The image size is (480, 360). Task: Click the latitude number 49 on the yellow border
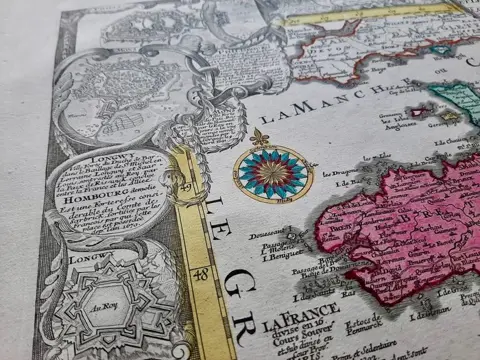[186, 187]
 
